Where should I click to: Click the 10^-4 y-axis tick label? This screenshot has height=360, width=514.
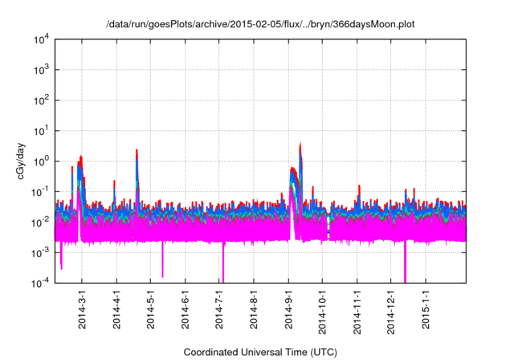click(39, 282)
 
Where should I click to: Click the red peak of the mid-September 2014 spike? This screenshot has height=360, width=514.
click(300, 144)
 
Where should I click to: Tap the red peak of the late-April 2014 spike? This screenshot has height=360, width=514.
click(137, 150)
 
